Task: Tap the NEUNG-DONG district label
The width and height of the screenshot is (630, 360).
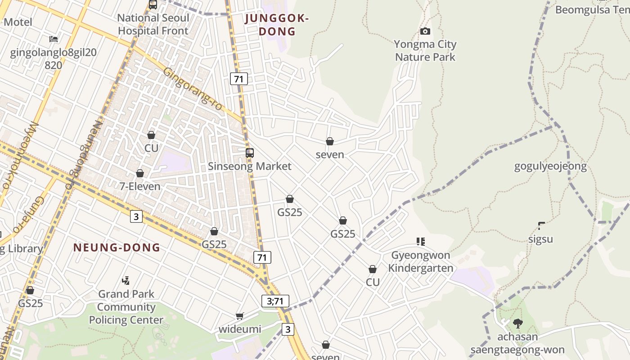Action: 117,247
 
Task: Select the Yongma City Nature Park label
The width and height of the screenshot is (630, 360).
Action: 425,51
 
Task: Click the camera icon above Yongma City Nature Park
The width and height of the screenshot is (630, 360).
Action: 425,31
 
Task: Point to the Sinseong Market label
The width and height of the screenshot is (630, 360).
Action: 249,166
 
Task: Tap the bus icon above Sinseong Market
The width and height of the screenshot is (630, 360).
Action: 250,153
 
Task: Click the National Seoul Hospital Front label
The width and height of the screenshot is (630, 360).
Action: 153,24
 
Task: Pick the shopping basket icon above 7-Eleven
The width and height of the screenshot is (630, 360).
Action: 140,173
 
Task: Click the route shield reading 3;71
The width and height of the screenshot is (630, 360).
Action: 275,301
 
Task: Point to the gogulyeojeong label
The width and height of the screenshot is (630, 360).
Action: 550,166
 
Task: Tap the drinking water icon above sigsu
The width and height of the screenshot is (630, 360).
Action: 541,225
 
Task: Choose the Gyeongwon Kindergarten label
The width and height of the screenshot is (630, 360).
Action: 420,262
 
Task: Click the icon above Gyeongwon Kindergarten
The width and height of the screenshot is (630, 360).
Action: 421,242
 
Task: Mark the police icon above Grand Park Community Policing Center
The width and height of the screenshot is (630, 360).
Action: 126,281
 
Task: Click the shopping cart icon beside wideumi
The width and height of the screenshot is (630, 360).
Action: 240,316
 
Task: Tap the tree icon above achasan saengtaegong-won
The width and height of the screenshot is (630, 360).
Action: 517,323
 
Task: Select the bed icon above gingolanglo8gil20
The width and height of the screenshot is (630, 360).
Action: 54,39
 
